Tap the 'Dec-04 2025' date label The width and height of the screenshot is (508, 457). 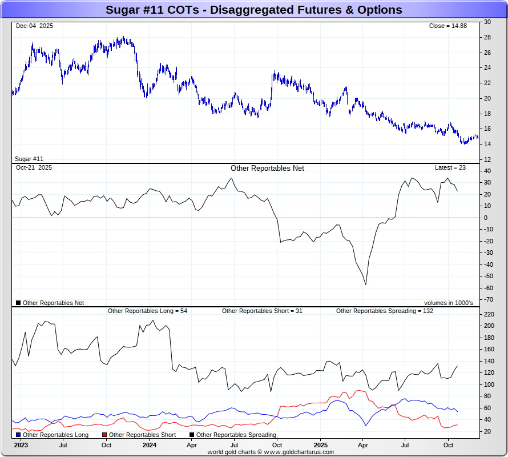click(x=34, y=26)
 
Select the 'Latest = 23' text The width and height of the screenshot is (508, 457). click(x=450, y=167)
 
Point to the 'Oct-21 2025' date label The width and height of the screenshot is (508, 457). click(x=34, y=167)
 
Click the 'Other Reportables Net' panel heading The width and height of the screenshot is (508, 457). click(x=267, y=168)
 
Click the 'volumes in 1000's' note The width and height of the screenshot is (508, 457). click(x=448, y=303)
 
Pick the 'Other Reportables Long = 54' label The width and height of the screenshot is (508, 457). click(x=147, y=311)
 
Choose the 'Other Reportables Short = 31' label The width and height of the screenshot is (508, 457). click(x=262, y=311)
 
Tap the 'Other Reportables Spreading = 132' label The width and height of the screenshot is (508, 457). click(x=385, y=311)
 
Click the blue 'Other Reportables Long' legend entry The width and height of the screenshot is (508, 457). click(x=52, y=435)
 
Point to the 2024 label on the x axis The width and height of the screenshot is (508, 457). click(x=150, y=444)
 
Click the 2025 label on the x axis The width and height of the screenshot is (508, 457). click(x=320, y=444)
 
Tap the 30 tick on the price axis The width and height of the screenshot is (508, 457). click(x=487, y=22)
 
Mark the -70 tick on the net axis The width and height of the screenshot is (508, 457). click(x=489, y=299)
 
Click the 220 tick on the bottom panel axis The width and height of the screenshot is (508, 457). click(x=489, y=314)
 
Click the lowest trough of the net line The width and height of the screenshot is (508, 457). click(x=365, y=284)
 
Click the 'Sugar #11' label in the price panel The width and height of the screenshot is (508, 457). click(x=29, y=159)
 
